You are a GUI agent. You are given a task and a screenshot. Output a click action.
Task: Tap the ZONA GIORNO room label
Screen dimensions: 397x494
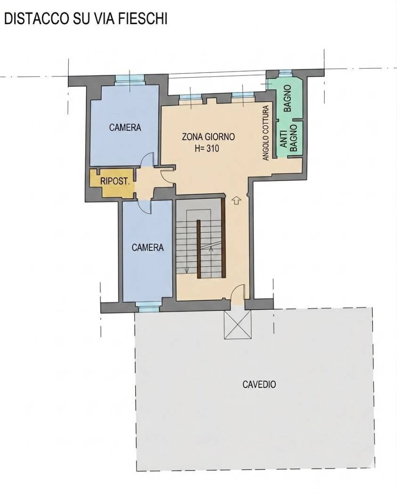(208, 137)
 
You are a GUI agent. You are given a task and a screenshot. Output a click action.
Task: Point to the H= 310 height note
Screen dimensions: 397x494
(207, 148)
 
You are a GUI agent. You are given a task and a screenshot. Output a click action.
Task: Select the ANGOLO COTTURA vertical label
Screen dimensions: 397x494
(266, 133)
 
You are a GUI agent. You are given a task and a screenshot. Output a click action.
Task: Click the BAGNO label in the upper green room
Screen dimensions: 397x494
(287, 98)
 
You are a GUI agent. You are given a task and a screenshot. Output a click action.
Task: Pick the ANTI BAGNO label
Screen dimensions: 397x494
(289, 138)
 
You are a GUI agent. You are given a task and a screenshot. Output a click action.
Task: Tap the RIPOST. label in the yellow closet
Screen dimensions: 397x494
(115, 182)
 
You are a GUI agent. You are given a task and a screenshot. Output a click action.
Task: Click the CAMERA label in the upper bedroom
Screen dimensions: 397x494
(125, 127)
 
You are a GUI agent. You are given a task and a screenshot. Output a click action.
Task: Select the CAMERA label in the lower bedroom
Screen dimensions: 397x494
(147, 247)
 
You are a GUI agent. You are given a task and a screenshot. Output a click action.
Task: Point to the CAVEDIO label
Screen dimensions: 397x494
(259, 384)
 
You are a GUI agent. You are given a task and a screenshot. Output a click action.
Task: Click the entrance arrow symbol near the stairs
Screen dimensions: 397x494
(236, 200)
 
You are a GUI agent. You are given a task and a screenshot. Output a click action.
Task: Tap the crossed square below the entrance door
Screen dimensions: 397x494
(238, 325)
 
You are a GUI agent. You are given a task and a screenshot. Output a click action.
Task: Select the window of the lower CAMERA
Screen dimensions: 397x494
(150, 306)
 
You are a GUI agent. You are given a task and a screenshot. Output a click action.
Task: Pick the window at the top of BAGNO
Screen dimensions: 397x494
(286, 73)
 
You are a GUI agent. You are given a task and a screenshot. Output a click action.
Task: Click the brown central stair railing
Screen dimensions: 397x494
(199, 249)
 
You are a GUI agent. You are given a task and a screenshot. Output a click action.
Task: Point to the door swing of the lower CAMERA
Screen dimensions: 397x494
(145, 207)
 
